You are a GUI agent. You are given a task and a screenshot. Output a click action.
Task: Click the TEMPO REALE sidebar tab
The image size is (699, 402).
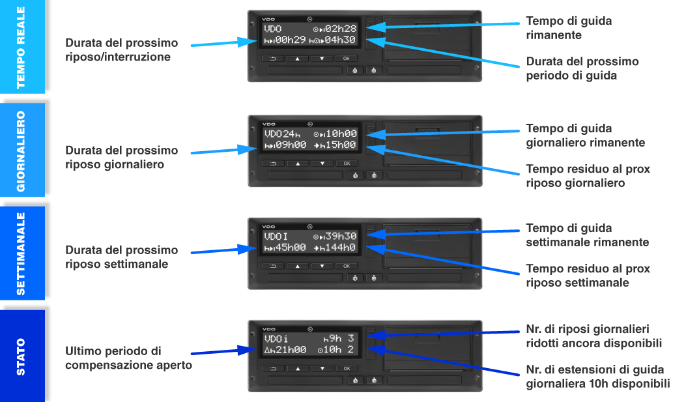tap(21, 46)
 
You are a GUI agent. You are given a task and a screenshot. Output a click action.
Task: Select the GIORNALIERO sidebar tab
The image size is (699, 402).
tap(21, 150)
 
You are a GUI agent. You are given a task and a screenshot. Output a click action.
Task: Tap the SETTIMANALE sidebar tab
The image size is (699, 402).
tap(21, 253)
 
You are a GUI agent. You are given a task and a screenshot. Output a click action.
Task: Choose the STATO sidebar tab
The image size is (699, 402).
tap(21, 356)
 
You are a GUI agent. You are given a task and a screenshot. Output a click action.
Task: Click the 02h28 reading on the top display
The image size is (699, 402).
tap(341, 29)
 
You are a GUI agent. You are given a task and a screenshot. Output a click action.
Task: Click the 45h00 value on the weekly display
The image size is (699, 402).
tap(291, 248)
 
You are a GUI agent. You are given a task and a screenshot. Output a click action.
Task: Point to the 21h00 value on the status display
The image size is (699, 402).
tap(291, 350)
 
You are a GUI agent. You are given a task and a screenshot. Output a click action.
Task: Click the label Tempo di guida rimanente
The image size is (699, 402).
tap(569, 28)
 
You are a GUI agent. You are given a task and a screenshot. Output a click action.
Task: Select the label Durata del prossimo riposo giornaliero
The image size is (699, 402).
tap(121, 157)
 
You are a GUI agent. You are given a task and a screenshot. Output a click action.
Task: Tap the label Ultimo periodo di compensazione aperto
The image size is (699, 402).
tap(128, 358)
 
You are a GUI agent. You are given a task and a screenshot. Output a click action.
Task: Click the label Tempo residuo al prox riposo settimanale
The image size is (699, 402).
tap(588, 276)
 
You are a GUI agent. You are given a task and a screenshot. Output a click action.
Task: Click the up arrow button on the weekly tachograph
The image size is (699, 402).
tap(297, 266)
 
